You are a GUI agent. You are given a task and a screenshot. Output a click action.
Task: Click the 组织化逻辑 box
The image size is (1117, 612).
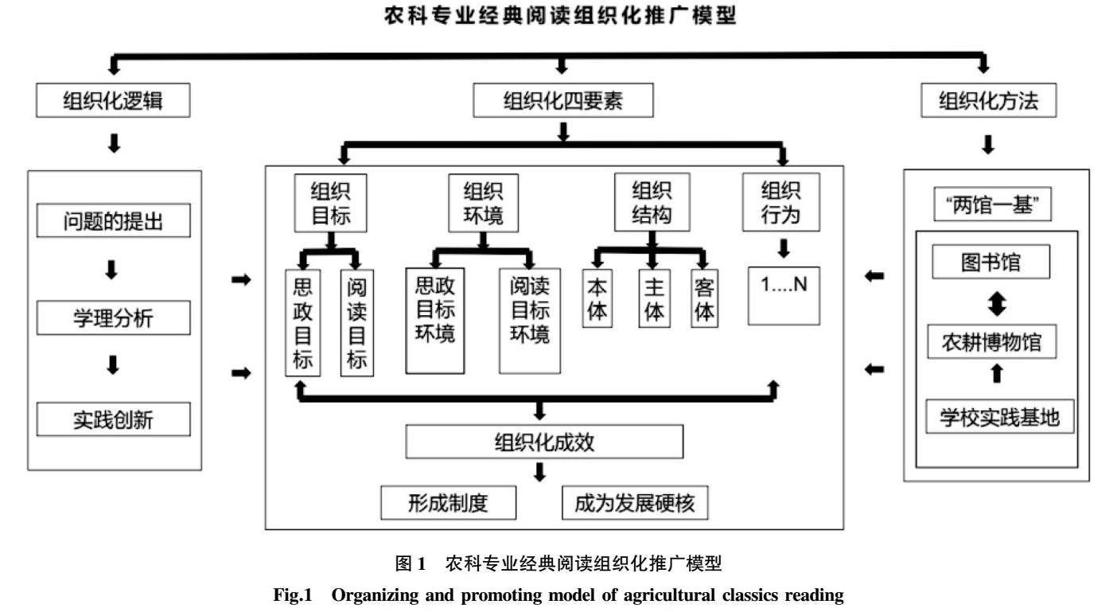115,101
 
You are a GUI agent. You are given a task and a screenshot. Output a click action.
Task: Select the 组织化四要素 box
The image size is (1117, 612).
563,101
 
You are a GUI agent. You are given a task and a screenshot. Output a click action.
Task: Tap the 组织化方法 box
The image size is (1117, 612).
989,101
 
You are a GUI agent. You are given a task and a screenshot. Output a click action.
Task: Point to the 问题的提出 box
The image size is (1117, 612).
113,221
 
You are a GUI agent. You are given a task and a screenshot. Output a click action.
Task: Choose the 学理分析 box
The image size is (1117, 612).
113,319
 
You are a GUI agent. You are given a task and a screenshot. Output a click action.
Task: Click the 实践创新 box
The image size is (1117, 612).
113,419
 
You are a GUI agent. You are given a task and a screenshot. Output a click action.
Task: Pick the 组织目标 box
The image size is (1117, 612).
330,203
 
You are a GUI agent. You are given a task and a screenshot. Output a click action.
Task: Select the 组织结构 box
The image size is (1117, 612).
652,203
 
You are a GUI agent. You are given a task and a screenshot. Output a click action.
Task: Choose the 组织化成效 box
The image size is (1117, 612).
544,442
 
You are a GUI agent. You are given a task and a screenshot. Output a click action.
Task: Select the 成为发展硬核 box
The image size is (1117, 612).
634,503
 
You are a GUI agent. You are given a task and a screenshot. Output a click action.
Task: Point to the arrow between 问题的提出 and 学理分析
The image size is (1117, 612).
112,271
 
